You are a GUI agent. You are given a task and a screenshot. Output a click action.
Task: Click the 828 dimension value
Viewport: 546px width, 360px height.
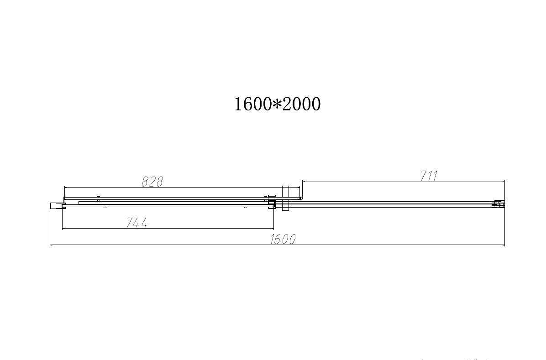tap(152, 182)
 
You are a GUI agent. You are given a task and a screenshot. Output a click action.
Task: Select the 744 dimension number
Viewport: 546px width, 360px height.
tap(137, 222)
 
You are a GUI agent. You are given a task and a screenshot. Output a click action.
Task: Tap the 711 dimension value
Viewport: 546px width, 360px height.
tap(429, 176)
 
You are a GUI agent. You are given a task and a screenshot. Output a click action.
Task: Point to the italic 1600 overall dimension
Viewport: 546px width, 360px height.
tap(283, 239)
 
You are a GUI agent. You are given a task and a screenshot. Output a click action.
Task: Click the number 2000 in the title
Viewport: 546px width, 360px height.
tap(301, 104)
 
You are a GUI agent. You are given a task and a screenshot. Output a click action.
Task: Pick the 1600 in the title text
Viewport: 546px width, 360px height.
tap(253, 104)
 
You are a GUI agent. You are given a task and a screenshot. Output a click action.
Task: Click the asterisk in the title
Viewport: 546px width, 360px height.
tap(277, 103)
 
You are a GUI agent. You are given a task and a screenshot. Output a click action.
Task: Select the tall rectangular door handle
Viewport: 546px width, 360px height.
tap(285, 198)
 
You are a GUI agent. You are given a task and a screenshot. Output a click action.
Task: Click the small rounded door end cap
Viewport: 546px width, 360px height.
tap(301, 198)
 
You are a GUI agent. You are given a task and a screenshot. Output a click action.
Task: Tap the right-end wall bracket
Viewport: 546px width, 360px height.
tap(498, 204)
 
